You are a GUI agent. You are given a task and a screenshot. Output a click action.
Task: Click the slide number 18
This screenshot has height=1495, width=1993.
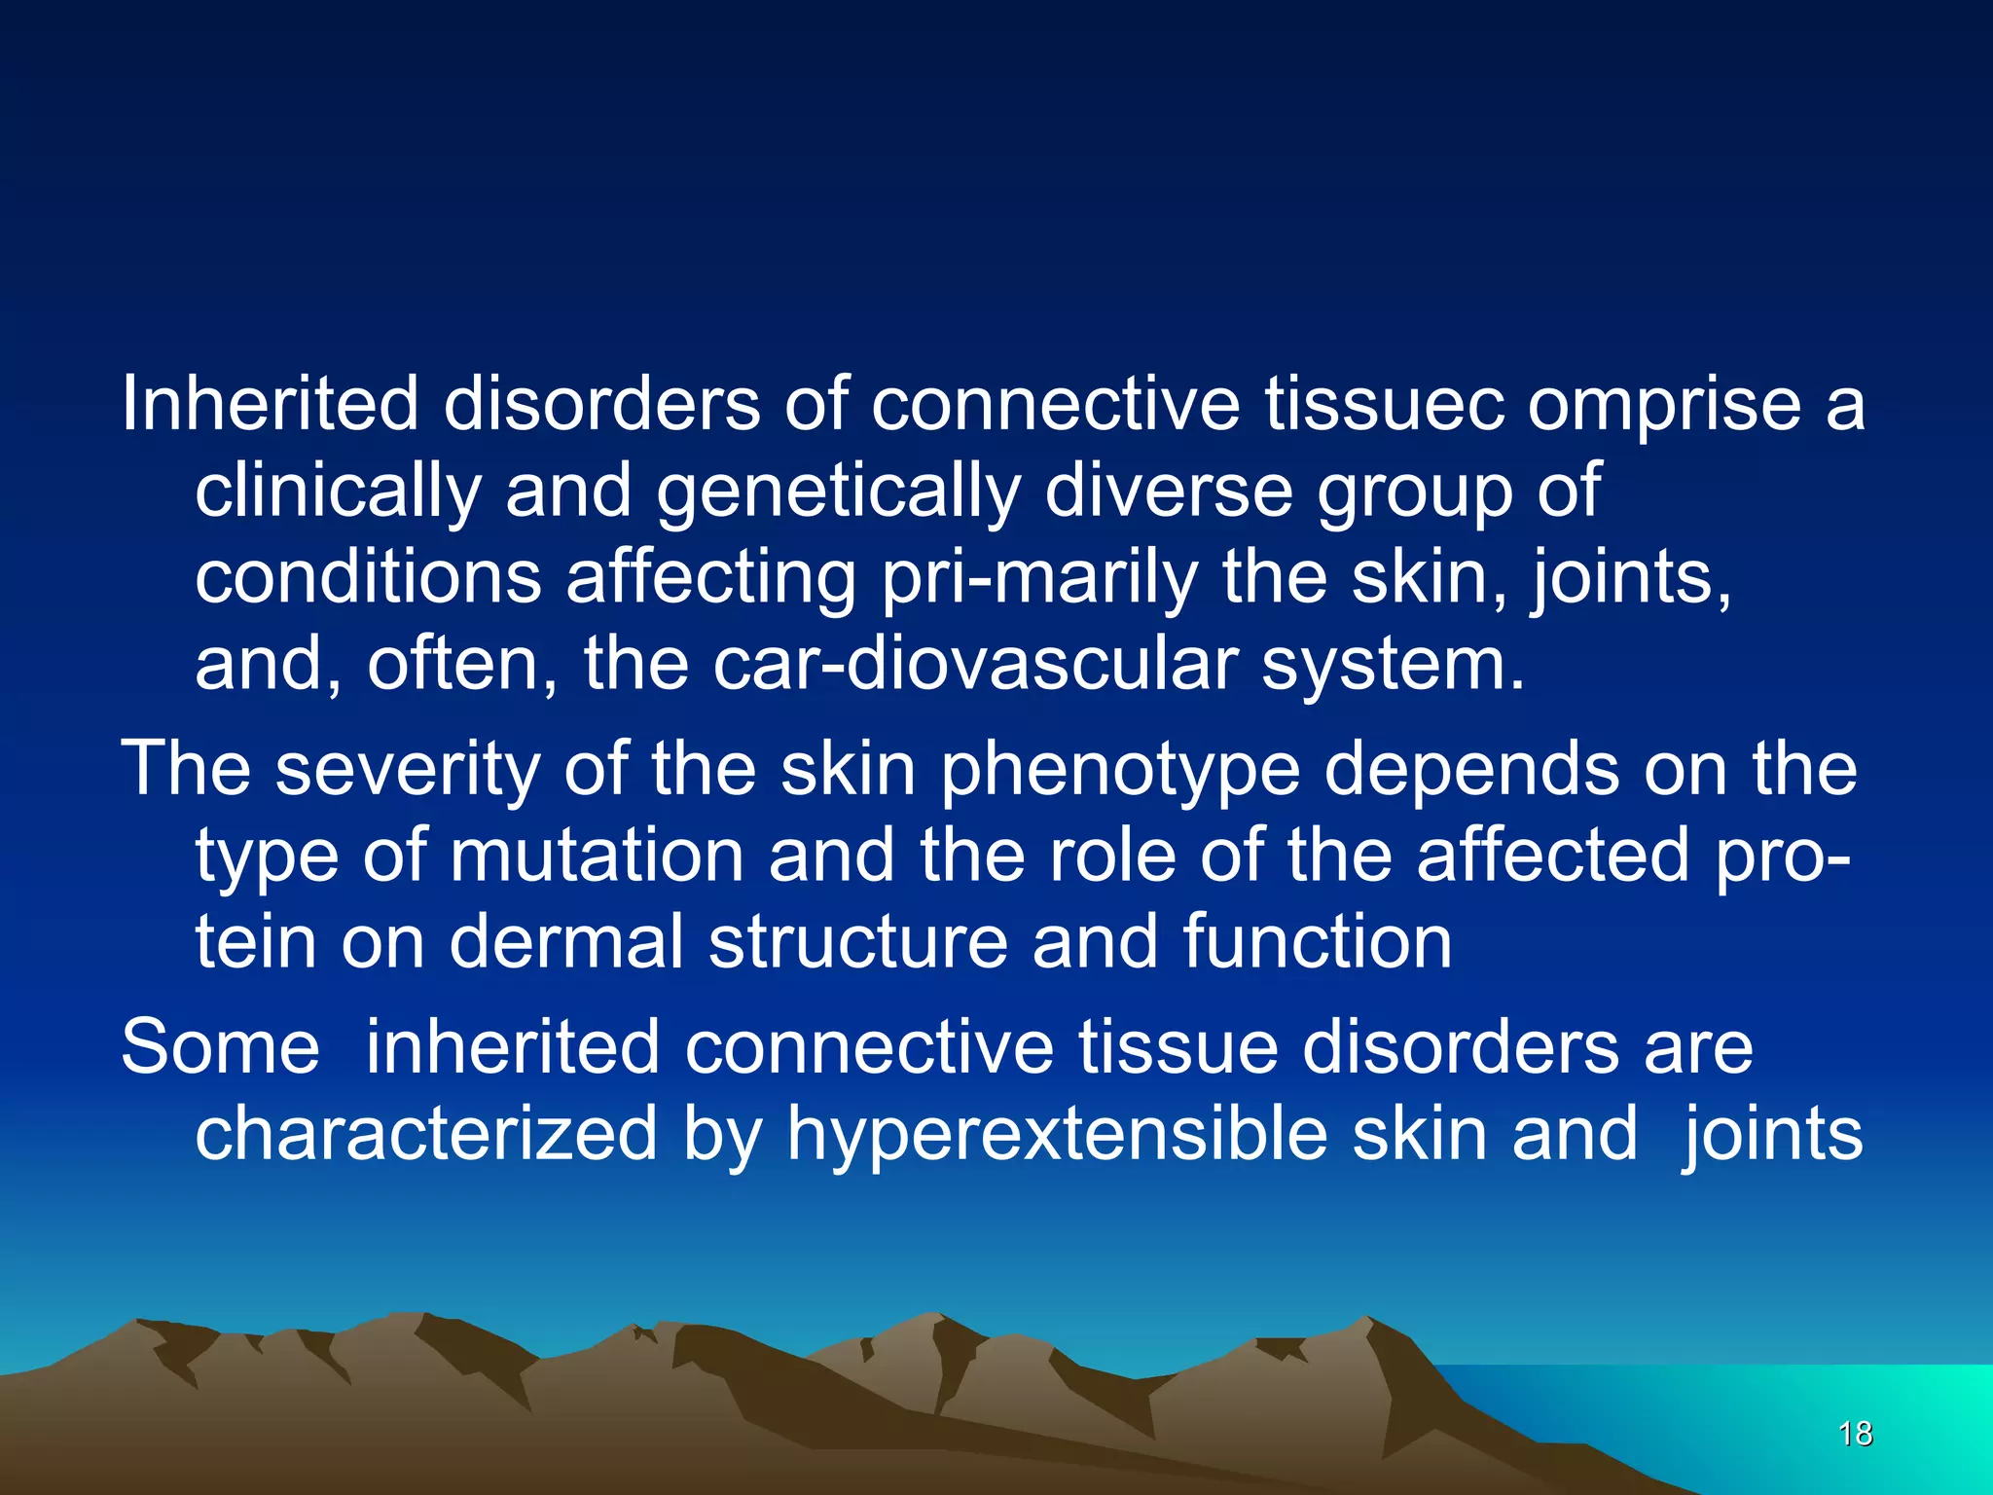1856,1434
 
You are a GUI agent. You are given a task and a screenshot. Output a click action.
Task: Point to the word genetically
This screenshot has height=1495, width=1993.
838,492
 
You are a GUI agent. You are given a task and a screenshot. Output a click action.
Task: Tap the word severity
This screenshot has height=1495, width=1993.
407,770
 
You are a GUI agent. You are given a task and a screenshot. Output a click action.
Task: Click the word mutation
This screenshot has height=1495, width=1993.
596,856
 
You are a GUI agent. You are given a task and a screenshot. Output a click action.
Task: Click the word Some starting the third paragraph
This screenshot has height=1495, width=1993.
220,1047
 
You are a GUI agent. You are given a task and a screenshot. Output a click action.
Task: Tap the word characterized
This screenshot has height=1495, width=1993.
426,1134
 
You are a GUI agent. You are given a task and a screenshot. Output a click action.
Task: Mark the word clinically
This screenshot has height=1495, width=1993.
338,492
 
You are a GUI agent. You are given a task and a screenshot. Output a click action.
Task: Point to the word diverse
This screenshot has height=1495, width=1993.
1168,492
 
